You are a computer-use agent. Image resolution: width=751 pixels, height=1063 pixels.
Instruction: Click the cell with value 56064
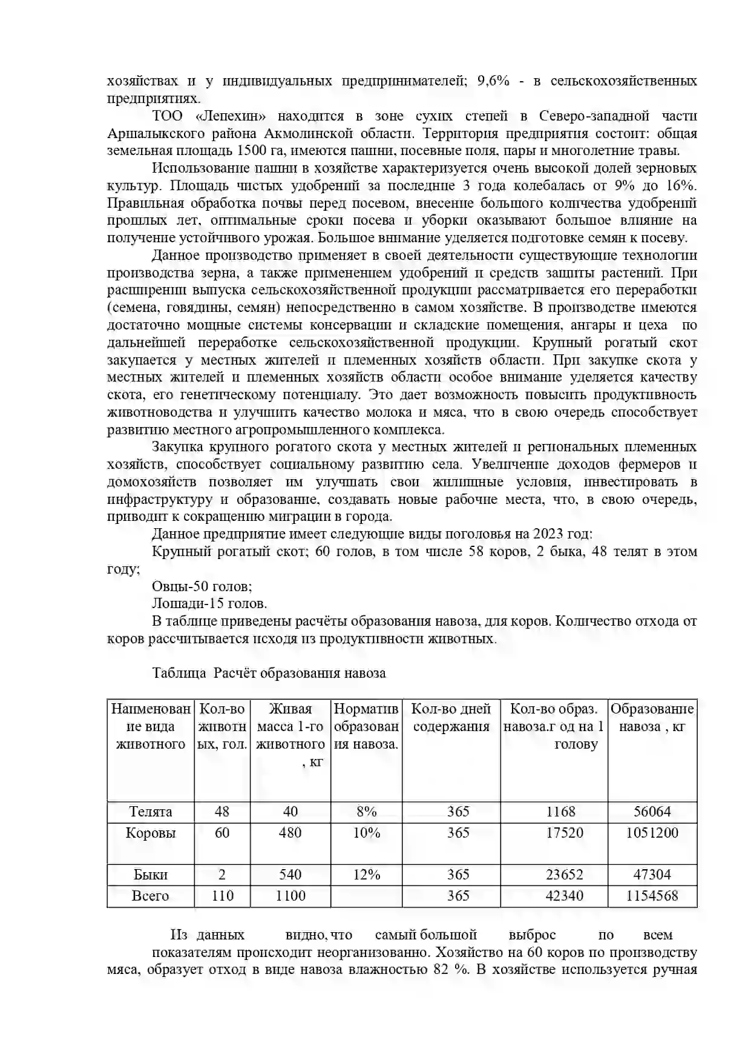pyautogui.click(x=652, y=812)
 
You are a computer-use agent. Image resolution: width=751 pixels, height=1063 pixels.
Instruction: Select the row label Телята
pyautogui.click(x=150, y=812)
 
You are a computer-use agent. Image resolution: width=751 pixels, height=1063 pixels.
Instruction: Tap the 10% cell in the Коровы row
pyautogui.click(x=366, y=833)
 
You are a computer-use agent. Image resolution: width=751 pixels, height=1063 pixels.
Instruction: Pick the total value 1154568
pyautogui.click(x=652, y=896)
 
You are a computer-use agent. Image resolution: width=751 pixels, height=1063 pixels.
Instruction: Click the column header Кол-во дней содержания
pyautogui.click(x=451, y=718)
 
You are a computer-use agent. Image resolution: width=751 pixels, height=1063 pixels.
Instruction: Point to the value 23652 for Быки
pyautogui.click(x=564, y=875)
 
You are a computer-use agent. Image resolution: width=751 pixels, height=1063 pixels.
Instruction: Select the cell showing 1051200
pyautogui.click(x=652, y=833)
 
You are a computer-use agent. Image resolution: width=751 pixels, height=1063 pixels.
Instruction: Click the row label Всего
pyautogui.click(x=150, y=896)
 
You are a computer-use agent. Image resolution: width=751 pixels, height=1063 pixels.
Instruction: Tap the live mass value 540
pyautogui.click(x=290, y=875)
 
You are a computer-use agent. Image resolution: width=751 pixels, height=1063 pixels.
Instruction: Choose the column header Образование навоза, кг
pyautogui.click(x=652, y=718)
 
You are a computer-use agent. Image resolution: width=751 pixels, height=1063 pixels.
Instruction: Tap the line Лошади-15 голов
pyautogui.click(x=209, y=604)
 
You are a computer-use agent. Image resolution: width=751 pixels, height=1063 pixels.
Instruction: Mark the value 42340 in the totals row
pyautogui.click(x=564, y=896)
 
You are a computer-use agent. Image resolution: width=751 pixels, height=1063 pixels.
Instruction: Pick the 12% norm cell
pyautogui.click(x=366, y=875)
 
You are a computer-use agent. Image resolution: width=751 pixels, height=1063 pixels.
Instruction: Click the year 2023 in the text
pyautogui.click(x=550, y=534)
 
